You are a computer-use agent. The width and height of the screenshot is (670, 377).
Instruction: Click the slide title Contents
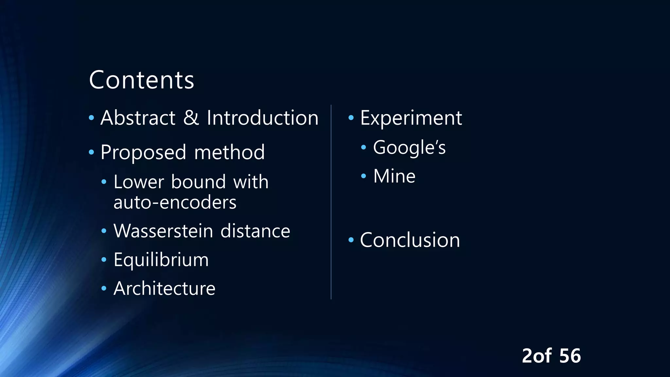[x=141, y=80]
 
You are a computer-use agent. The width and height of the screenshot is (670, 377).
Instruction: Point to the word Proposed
[x=143, y=152]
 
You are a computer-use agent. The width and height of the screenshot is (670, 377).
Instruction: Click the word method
[x=229, y=152]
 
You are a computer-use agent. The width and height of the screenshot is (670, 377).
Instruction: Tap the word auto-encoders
[x=175, y=202]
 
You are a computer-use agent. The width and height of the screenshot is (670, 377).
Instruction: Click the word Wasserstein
[x=163, y=231]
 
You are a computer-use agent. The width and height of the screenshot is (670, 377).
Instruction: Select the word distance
[x=255, y=231]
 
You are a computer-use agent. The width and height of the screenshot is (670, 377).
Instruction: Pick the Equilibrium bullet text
[x=161, y=260]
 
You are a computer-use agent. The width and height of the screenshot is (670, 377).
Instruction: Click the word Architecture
[x=164, y=288]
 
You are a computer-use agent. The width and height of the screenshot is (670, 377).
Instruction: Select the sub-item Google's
[x=409, y=147]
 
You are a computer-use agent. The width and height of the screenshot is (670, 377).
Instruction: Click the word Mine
[x=394, y=176]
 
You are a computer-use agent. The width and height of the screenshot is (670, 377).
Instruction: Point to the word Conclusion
[x=410, y=240]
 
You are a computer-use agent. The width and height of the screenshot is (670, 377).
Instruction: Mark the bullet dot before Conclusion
[x=351, y=240]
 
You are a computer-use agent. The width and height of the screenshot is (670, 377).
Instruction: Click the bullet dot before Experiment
[x=351, y=117]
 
